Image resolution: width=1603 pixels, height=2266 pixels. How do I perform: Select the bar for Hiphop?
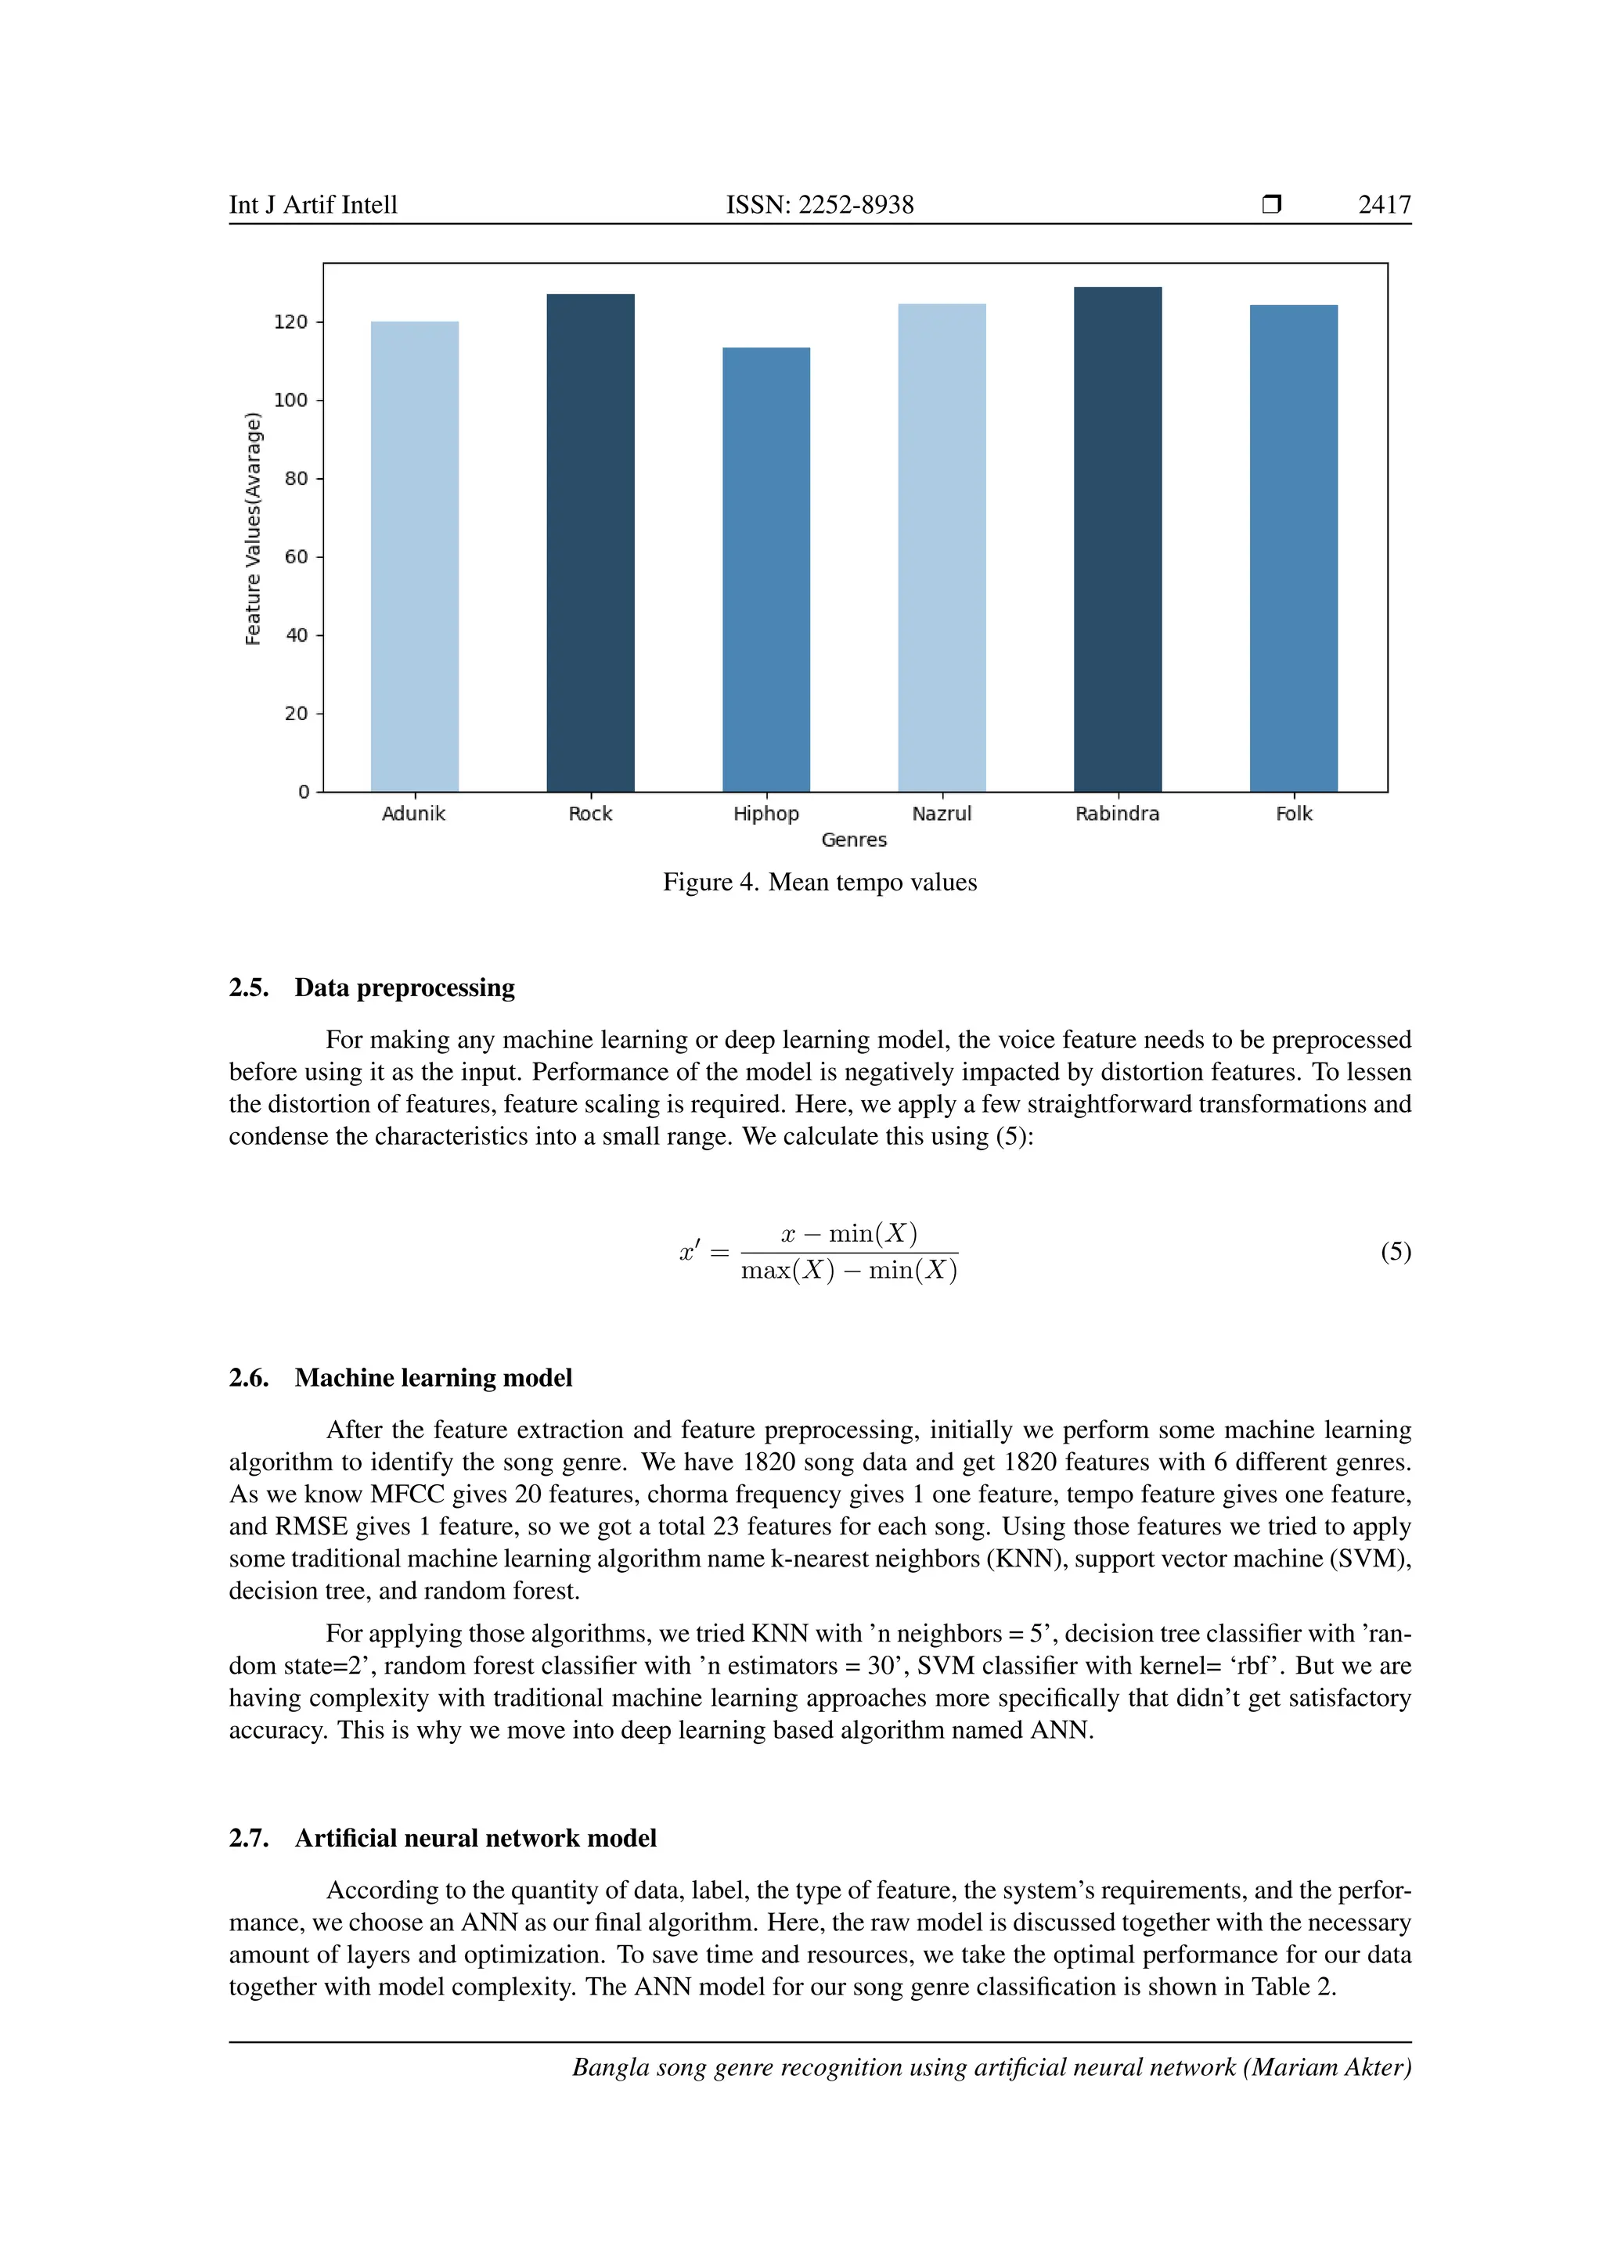[766, 570]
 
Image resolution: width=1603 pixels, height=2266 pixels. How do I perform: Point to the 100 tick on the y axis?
[291, 401]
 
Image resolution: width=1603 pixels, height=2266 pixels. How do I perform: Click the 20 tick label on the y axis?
[296, 714]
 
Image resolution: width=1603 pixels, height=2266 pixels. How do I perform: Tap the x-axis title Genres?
[854, 840]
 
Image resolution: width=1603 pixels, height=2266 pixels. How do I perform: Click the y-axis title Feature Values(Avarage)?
[254, 529]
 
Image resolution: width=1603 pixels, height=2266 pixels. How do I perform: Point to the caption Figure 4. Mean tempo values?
[820, 883]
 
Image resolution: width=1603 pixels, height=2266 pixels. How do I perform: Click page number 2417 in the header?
[1384, 205]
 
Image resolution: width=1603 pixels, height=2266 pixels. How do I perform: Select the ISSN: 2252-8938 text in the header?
[820, 205]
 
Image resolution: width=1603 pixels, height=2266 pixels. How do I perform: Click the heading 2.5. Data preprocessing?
[372, 988]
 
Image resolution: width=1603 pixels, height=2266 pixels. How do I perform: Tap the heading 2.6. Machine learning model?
[401, 1378]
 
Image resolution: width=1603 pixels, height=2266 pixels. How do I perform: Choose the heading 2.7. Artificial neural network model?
[442, 1839]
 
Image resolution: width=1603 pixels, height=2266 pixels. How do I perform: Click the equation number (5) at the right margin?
[1396, 1253]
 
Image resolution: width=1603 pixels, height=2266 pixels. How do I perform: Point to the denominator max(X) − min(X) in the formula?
[849, 1271]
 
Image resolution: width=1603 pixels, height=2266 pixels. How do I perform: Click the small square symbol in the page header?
[1271, 205]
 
